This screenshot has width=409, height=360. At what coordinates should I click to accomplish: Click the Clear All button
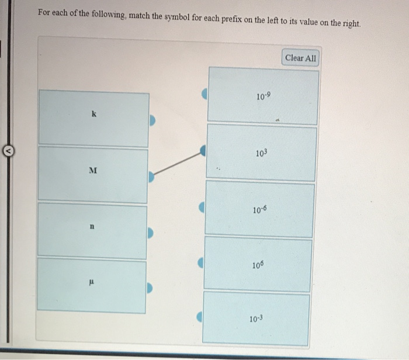click(x=301, y=58)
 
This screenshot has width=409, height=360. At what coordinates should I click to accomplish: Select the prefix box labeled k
click(x=93, y=117)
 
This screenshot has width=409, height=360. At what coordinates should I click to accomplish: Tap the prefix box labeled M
click(x=92, y=174)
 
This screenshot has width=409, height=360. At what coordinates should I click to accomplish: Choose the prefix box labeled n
click(x=92, y=230)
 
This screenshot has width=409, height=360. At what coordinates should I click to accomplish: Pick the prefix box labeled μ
click(x=91, y=286)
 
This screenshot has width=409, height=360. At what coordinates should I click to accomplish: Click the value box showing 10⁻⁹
click(x=263, y=96)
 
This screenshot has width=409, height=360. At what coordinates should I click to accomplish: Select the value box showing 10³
click(x=261, y=153)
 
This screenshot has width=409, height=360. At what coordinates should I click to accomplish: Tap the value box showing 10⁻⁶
click(x=260, y=209)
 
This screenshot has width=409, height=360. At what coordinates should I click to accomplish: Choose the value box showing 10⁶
click(x=259, y=264)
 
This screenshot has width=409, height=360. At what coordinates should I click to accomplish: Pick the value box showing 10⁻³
click(x=257, y=319)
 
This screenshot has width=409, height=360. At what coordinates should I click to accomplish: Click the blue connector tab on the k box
click(x=152, y=120)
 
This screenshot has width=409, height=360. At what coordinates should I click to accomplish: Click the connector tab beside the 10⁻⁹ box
click(x=204, y=94)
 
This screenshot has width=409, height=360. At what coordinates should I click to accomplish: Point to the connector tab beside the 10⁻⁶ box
click(x=202, y=207)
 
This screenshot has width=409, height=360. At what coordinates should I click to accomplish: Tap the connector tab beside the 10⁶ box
click(x=201, y=263)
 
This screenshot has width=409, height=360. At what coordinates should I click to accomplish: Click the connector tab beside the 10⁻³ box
click(x=200, y=317)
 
